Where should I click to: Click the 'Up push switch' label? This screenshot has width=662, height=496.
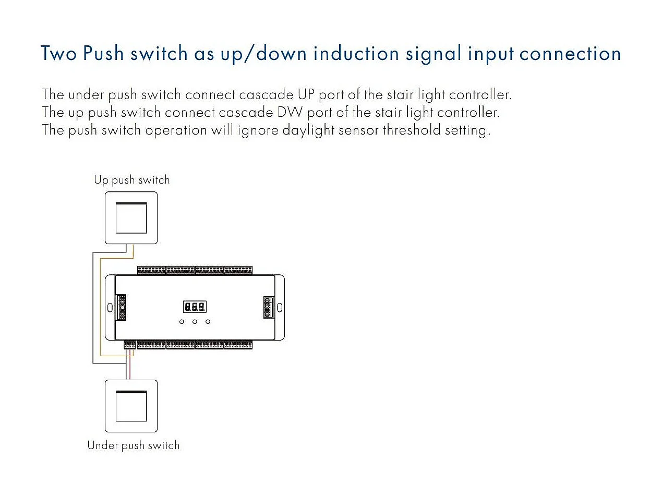tap(131, 180)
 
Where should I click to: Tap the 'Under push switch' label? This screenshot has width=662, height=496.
tap(133, 445)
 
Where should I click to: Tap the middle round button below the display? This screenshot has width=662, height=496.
tap(195, 321)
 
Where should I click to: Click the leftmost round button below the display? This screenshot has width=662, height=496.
tap(182, 321)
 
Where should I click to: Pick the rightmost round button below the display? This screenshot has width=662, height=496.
tap(208, 321)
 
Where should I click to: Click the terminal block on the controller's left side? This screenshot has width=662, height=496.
tap(122, 307)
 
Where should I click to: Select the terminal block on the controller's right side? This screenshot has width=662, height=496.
tap(268, 307)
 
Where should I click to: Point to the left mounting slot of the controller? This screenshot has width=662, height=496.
tap(110, 307)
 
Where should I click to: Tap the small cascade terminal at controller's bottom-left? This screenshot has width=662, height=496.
tap(129, 345)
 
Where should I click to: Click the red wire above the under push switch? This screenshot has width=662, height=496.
tap(130, 368)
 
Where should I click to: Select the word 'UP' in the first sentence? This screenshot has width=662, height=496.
tap(306, 95)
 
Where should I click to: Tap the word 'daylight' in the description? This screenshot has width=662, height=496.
tap(308, 130)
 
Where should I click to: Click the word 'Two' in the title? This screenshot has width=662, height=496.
tap(59, 53)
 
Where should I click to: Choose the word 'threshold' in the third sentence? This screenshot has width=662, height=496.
tap(412, 130)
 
